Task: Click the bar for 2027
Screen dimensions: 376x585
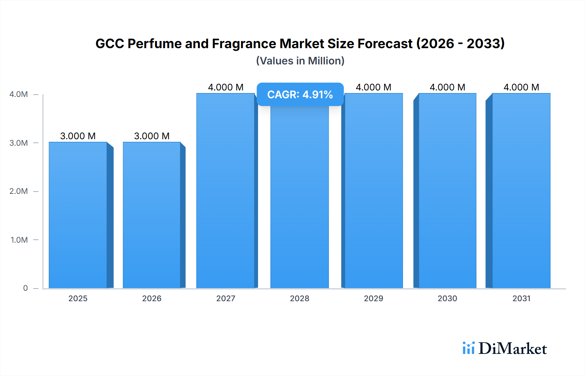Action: tap(226, 191)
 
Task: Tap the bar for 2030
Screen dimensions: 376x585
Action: tap(447, 191)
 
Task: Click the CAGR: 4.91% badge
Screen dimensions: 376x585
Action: tap(300, 94)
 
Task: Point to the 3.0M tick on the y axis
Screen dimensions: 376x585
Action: tap(19, 143)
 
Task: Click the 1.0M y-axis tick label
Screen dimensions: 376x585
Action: tap(19, 240)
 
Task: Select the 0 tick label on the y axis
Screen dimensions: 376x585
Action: tap(25, 288)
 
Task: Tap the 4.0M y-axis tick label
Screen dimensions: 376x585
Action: tap(19, 94)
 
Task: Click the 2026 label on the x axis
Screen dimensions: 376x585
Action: tap(152, 298)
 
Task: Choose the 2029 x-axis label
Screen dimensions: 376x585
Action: tap(373, 298)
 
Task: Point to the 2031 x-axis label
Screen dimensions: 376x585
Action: tap(521, 298)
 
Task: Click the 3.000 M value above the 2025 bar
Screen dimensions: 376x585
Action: tap(78, 136)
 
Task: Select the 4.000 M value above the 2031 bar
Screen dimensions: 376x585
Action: tap(521, 87)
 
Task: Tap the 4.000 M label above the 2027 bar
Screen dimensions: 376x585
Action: tap(226, 87)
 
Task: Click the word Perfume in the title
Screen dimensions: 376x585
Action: tap(154, 44)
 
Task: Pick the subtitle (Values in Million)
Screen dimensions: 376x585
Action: tap(300, 61)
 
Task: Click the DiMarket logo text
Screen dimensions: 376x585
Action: tap(513, 348)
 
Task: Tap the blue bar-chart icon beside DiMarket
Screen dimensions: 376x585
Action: tap(468, 348)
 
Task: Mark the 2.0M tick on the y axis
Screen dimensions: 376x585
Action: tap(19, 191)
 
